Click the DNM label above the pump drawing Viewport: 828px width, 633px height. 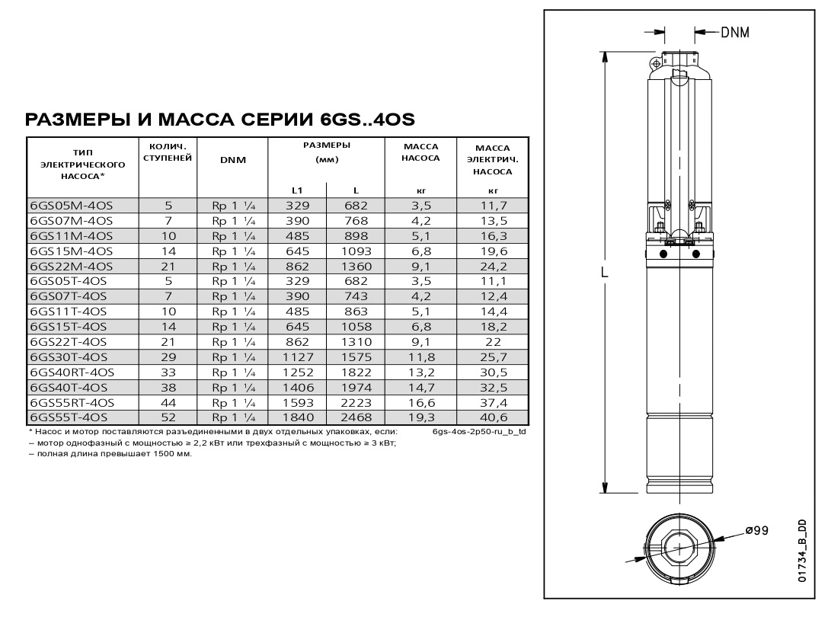point(734,33)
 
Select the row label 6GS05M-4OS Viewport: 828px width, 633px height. point(70,205)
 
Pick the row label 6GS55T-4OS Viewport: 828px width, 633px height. point(69,417)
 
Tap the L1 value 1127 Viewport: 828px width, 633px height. point(297,356)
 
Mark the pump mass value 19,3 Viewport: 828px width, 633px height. point(421,417)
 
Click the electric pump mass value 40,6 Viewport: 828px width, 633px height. point(493,417)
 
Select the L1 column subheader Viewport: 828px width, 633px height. point(297,190)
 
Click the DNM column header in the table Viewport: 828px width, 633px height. point(232,159)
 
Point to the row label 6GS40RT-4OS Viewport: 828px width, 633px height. point(72,372)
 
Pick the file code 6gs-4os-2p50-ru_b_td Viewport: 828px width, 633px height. point(478,431)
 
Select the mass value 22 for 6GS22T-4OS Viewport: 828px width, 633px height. point(493,341)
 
